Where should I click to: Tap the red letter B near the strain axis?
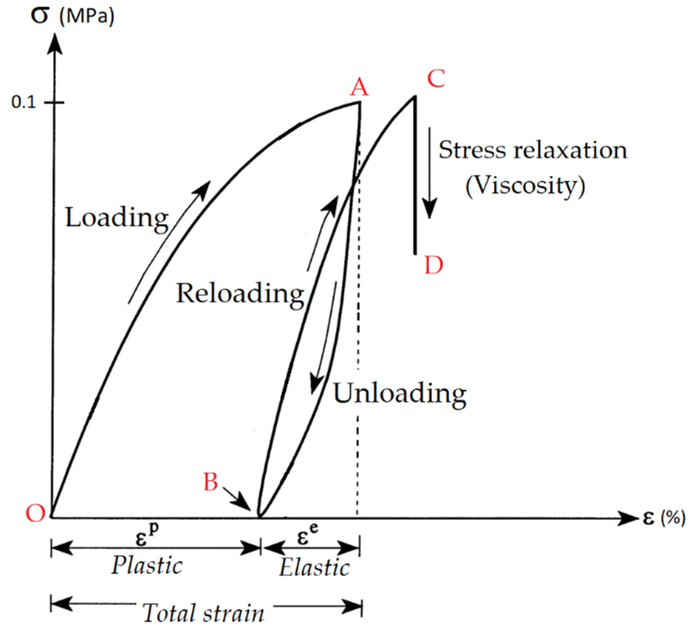point(211,481)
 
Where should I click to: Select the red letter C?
point(436,78)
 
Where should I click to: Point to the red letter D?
point(433,265)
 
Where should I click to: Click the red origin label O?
point(36,513)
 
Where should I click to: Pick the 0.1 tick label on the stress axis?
point(24,102)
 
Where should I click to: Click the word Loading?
point(117,218)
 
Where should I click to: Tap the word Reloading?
point(240,293)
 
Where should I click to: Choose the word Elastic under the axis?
point(314,568)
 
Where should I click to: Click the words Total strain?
point(203,613)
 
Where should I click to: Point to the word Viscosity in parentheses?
point(525,185)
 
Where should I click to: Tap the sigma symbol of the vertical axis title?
point(39,16)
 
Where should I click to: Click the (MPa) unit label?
point(87,16)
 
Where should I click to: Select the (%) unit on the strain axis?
point(673,518)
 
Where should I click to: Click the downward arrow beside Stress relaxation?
point(430,173)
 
